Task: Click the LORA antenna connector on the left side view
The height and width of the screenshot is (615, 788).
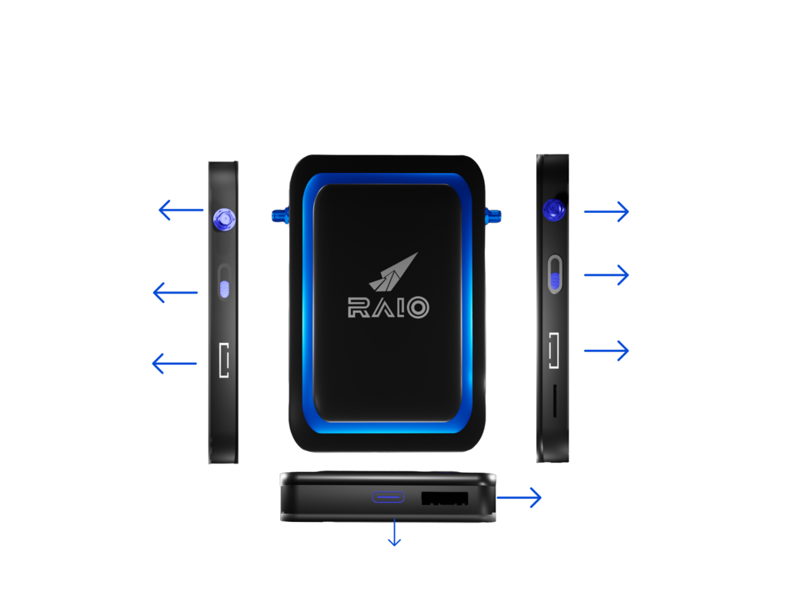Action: pyautogui.click(x=222, y=220)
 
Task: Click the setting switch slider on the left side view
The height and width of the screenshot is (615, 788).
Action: pyautogui.click(x=224, y=288)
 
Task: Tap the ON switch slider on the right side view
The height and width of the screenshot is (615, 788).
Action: pyautogui.click(x=554, y=274)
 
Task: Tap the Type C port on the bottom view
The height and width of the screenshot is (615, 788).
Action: pyautogui.click(x=388, y=497)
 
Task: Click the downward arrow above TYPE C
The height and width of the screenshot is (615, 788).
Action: pyautogui.click(x=395, y=534)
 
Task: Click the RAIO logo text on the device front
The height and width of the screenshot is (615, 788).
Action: pyautogui.click(x=388, y=307)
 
